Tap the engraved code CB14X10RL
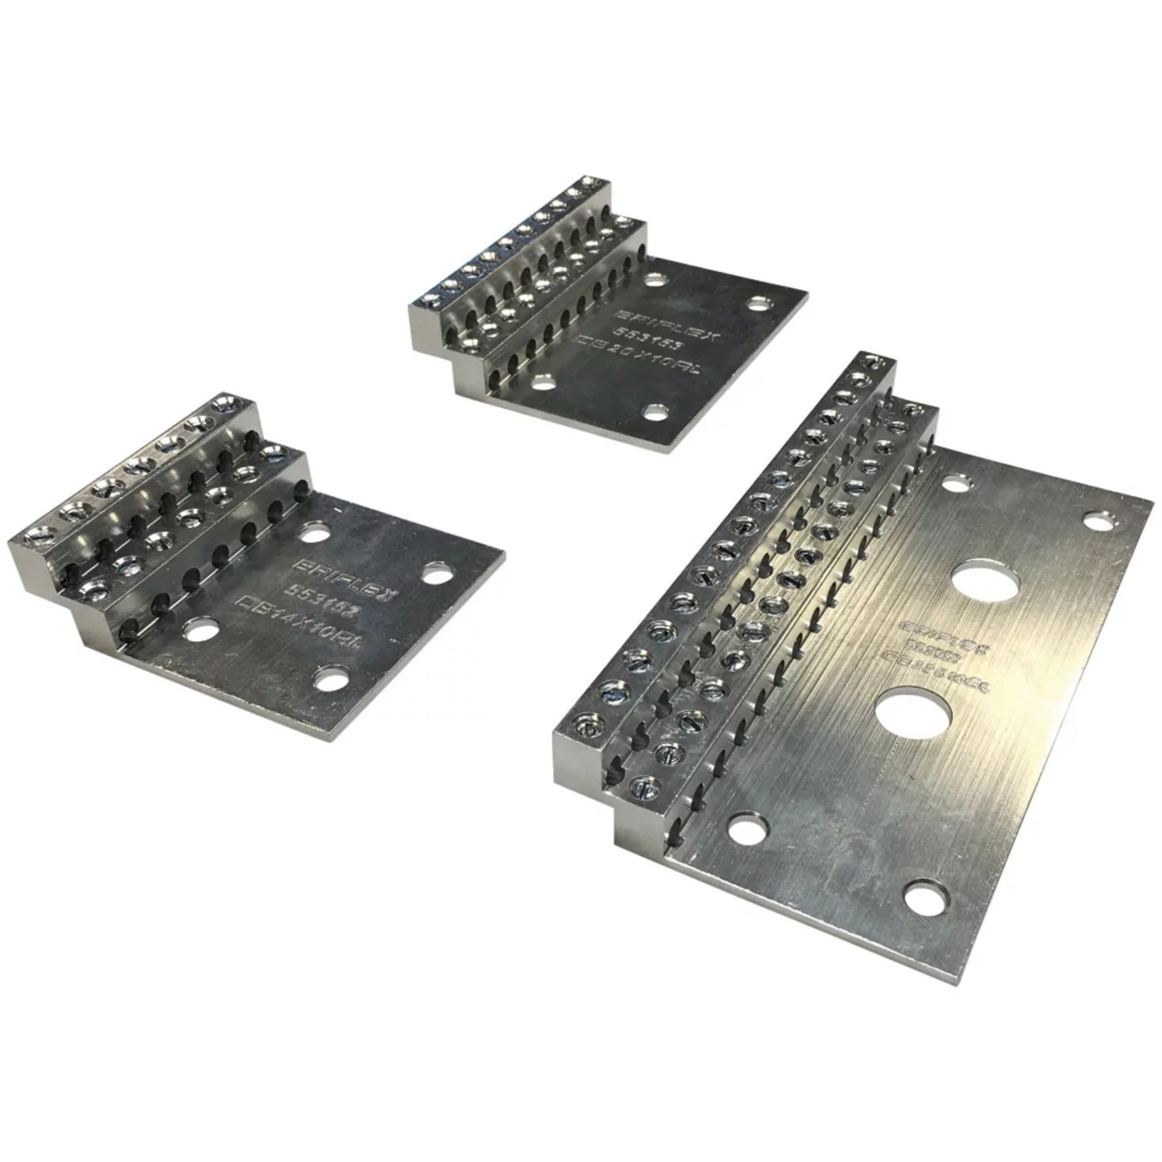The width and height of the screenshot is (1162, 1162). pyautogui.click(x=304, y=624)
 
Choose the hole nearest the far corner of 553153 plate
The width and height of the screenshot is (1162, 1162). pyautogui.click(x=758, y=301)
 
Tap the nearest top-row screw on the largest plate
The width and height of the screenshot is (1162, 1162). pyautogui.click(x=585, y=727)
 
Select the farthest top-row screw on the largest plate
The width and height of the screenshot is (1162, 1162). pyautogui.click(x=874, y=361)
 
